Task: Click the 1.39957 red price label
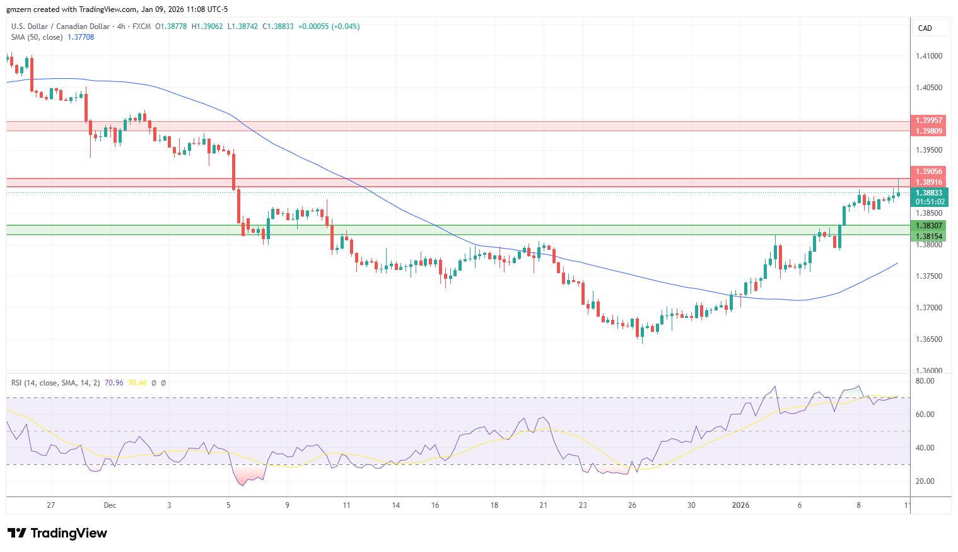(x=928, y=120)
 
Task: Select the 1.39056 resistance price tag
(x=928, y=171)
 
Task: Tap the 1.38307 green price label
(x=928, y=225)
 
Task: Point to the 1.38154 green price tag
(x=928, y=236)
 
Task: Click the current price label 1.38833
(x=928, y=193)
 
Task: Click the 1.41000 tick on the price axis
(x=928, y=56)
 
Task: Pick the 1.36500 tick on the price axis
(x=928, y=339)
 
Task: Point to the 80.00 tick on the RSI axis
(x=924, y=381)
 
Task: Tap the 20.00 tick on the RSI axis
(x=924, y=481)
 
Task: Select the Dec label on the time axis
(x=110, y=505)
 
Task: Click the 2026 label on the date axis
(x=740, y=505)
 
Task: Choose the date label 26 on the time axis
(x=632, y=505)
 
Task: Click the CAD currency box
(x=925, y=28)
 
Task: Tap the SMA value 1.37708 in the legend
(x=81, y=37)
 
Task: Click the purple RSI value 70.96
(x=114, y=382)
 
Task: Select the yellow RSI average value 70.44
(x=137, y=382)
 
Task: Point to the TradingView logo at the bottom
(x=57, y=533)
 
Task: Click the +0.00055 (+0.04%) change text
(x=329, y=26)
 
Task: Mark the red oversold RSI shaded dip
(x=248, y=474)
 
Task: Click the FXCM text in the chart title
(x=141, y=26)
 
